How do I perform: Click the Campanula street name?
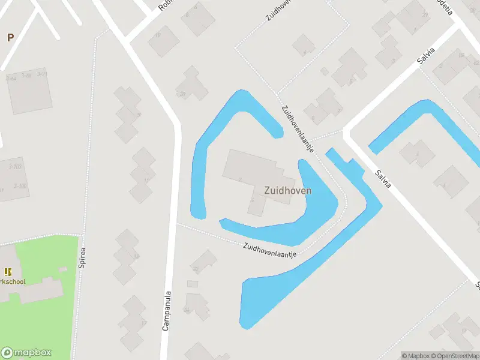click(x=167, y=311)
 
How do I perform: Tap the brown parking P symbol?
click(x=10, y=37)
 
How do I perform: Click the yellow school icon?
click(x=8, y=272)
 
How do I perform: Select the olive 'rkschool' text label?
click(x=13, y=281)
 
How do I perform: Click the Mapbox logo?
click(x=26, y=353)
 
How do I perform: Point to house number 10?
click(x=158, y=35)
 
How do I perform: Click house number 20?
click(x=182, y=94)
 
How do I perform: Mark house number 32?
click(x=195, y=269)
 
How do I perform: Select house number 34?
click(x=187, y=310)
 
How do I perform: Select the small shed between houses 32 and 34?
click(x=193, y=283)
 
